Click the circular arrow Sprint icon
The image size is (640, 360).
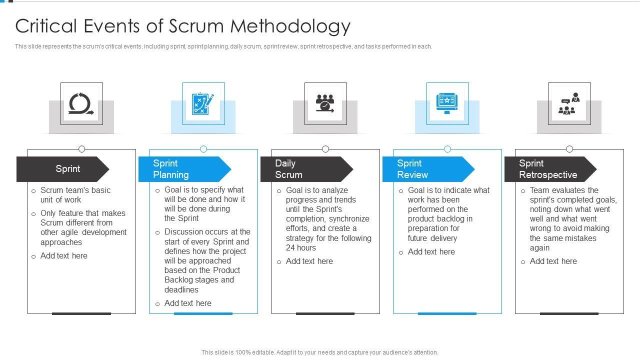81,103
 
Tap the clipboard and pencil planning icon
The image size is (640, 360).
203,103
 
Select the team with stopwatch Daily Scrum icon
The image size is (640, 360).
325,103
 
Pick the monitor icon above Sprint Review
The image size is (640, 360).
447,103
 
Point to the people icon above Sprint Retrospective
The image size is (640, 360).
569,103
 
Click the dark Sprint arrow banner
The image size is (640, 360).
62,169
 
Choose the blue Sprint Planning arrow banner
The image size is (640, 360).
184,169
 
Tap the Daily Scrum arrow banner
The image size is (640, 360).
306,169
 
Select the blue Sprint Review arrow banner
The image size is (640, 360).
428,169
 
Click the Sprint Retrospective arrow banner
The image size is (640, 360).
549,169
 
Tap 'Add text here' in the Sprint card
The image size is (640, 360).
64,255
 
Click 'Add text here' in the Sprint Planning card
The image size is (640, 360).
188,303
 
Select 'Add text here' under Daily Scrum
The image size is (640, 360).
309,261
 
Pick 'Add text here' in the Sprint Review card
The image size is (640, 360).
431,251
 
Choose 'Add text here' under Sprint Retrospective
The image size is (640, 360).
553,261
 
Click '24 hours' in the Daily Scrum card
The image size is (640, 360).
301,247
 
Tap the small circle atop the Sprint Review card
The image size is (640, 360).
447,149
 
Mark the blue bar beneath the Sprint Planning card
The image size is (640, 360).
203,313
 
